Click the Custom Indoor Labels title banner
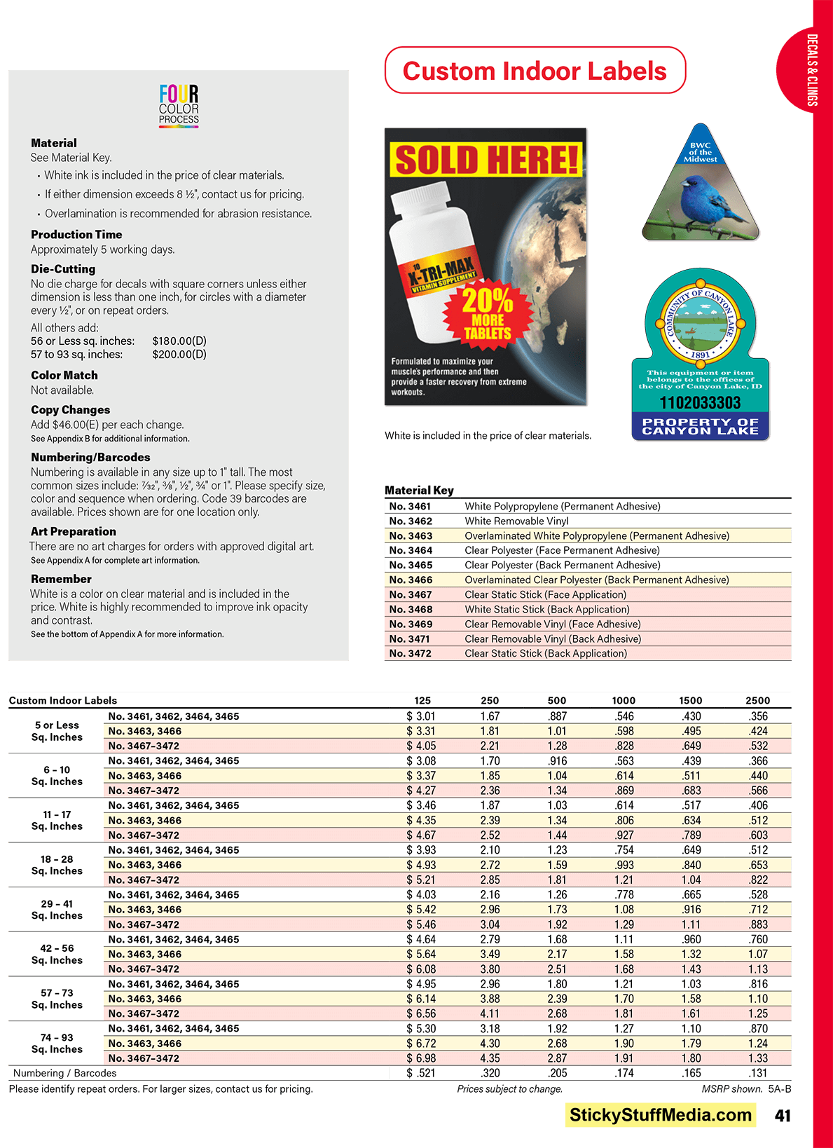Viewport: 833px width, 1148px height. pyautogui.click(x=535, y=71)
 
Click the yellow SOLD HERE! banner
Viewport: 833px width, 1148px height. pyautogui.click(x=486, y=160)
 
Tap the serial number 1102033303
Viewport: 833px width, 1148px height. pyautogui.click(x=700, y=403)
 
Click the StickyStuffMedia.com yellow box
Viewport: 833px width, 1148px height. pyautogui.click(x=660, y=1115)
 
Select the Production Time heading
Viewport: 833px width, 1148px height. pyautogui.click(x=76, y=235)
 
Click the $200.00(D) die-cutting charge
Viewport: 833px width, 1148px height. pyautogui.click(x=179, y=355)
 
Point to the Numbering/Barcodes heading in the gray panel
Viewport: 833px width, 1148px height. pyautogui.click(x=90, y=458)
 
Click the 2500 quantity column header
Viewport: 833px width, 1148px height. pyautogui.click(x=757, y=700)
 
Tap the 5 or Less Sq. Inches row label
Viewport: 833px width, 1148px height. pyautogui.click(x=57, y=731)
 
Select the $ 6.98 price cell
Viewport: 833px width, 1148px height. pyautogui.click(x=421, y=1058)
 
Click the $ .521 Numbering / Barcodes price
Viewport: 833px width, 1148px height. pyautogui.click(x=421, y=1073)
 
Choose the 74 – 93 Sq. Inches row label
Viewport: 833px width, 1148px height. pyautogui.click(x=57, y=1044)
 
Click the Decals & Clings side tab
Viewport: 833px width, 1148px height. pyautogui.click(x=811, y=70)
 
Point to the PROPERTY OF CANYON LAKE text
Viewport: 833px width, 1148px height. pyautogui.click(x=700, y=426)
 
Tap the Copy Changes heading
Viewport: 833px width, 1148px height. pyautogui.click(x=70, y=410)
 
